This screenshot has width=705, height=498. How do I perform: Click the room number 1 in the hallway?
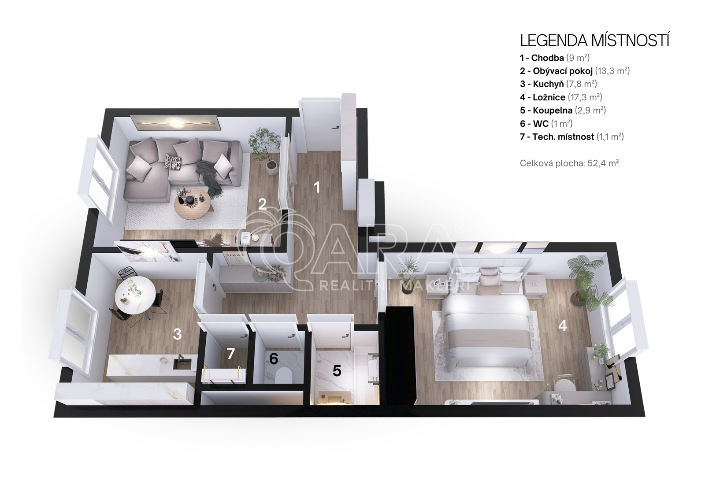[317, 187]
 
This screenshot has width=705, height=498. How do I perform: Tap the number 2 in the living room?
[262, 204]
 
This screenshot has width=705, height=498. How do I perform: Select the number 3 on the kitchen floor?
[177, 334]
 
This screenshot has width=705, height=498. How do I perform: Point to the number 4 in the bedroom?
[562, 326]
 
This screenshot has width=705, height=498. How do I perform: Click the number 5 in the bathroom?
[337, 371]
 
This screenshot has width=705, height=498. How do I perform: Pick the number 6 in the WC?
[274, 358]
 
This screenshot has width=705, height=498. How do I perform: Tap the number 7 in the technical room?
[231, 354]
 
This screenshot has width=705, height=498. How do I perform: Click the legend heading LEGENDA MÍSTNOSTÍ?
[594, 41]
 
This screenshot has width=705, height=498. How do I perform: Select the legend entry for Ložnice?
[561, 97]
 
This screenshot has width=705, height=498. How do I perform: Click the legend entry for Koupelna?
[563, 111]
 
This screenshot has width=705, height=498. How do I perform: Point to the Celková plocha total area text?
[569, 163]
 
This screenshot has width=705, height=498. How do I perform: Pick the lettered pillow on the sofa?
[173, 162]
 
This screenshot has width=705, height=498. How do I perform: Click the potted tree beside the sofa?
[265, 149]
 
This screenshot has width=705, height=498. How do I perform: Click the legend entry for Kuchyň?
[558, 84]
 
